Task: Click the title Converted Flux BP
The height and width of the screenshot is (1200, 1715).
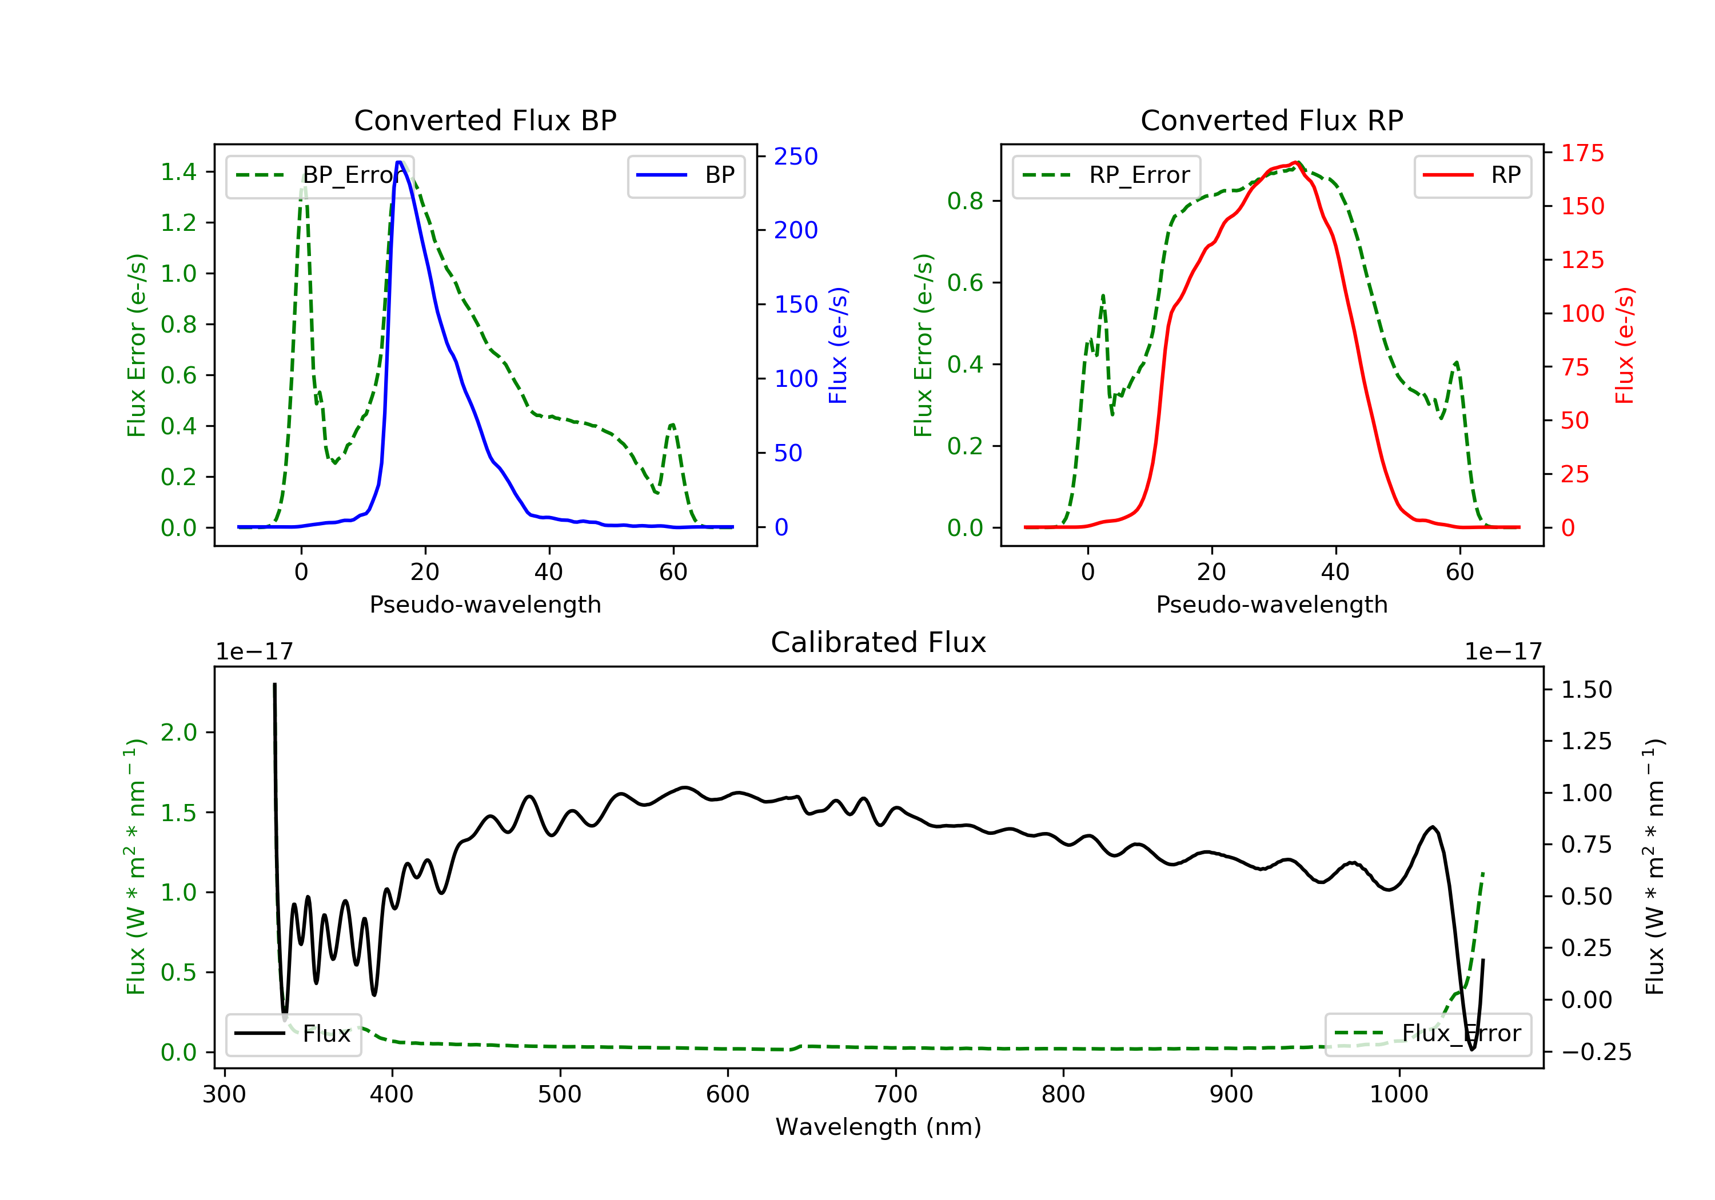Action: [485, 120]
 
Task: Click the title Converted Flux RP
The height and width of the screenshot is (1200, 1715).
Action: [1271, 120]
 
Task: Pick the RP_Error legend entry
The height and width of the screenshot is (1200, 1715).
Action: [1106, 175]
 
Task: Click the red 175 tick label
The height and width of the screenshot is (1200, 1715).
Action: [1582, 153]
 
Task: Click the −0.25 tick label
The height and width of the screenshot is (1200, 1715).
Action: [1596, 1051]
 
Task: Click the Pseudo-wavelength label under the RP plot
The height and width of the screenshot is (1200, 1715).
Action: [1271, 604]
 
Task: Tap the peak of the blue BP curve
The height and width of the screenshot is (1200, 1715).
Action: [400, 162]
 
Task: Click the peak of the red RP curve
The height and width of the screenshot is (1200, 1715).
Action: [1297, 162]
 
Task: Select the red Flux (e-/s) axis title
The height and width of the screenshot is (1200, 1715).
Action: [1625, 345]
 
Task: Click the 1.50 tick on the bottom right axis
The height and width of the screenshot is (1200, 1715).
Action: [1586, 689]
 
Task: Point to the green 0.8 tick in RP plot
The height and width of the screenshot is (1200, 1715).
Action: [965, 201]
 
